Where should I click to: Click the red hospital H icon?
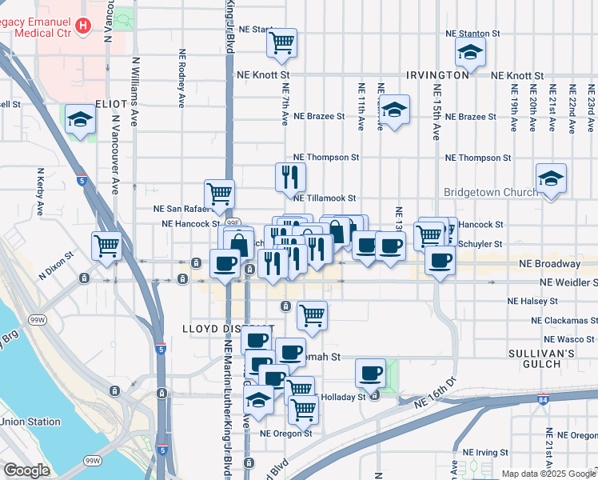click(x=82, y=26)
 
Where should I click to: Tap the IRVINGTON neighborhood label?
click(x=437, y=74)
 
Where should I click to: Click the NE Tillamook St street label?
click(x=325, y=198)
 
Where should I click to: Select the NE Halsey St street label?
click(x=533, y=301)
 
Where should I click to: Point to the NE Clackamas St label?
click(x=564, y=320)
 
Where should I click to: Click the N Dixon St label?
click(x=56, y=256)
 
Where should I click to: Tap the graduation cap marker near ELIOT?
click(x=81, y=119)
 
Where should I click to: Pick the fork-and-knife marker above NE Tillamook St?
click(x=290, y=177)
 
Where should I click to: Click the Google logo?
click(x=27, y=470)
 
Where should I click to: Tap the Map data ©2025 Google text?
click(x=548, y=474)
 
